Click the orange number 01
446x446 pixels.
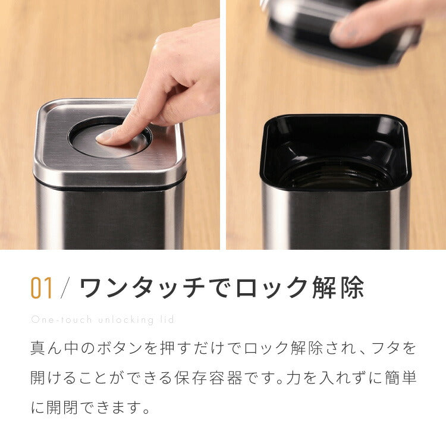pyautogui.click(x=42, y=288)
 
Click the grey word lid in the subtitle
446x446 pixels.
pyautogui.click(x=168, y=320)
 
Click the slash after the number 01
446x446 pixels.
pyautogui.click(x=66, y=288)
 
